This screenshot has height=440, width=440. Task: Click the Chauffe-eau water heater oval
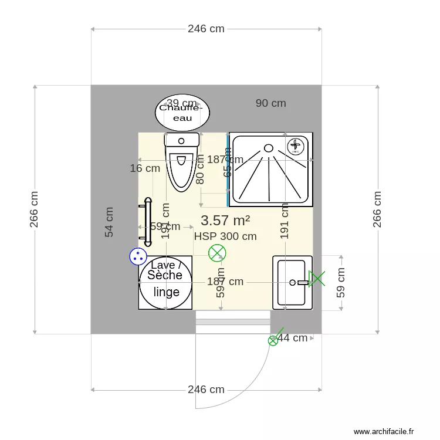[182, 113]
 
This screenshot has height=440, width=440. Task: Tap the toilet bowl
[181, 170]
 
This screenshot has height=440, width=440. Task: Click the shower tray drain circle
[269, 148]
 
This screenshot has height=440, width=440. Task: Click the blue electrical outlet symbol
[138, 256]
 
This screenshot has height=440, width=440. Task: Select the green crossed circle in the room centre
[217, 253]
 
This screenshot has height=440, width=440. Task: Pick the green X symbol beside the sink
[317, 279]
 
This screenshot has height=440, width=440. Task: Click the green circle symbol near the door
[273, 340]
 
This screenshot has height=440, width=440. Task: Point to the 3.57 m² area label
[225, 221]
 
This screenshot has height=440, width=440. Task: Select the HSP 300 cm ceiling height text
[225, 236]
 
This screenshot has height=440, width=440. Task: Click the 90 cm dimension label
[271, 103]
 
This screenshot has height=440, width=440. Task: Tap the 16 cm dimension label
[145, 168]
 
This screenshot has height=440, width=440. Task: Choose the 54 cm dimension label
[109, 222]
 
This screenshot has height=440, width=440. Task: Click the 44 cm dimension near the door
[292, 338]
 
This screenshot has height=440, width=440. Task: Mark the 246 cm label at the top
[206, 29]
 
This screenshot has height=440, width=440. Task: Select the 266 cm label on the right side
[377, 209]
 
